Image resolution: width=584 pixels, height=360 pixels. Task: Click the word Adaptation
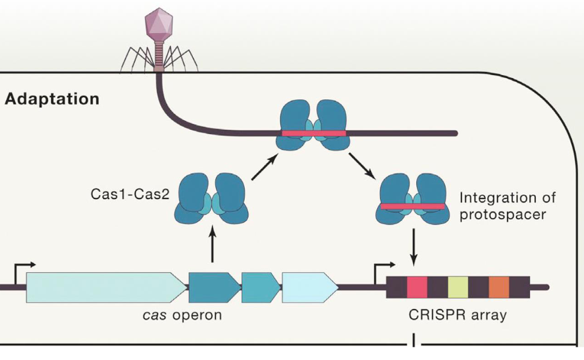52,99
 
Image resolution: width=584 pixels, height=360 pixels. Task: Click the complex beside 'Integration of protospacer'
413,201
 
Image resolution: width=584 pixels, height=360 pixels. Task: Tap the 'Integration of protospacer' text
507,206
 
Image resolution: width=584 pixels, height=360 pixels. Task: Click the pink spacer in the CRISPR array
417,287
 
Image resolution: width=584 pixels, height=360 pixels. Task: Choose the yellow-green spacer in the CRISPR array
458,287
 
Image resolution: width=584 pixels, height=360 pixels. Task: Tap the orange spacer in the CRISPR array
499,287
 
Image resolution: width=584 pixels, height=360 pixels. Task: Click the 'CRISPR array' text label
458,314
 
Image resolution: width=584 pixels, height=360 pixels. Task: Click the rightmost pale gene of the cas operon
309,287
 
